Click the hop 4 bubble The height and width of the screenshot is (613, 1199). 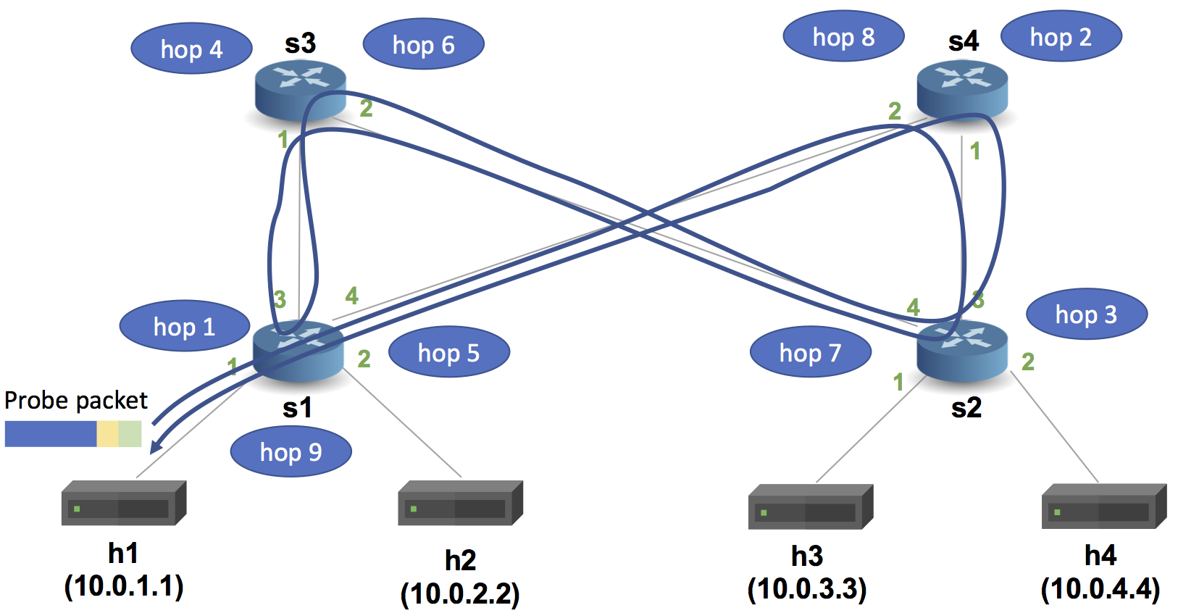(191, 49)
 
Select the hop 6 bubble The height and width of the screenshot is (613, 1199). (423, 45)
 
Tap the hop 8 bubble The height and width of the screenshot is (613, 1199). (843, 36)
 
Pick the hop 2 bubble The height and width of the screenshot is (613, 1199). (1061, 36)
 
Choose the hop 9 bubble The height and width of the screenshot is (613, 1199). (291, 452)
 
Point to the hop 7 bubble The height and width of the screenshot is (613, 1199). (810, 353)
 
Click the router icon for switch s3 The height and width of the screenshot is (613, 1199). (301, 90)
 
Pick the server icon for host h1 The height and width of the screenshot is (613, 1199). (124, 503)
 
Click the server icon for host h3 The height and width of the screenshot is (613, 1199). (810, 506)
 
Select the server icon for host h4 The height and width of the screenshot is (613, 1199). (1103, 506)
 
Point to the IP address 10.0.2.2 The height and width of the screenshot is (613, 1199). (460, 594)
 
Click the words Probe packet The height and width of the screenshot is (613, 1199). (75, 401)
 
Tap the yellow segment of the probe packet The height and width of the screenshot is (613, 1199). (107, 434)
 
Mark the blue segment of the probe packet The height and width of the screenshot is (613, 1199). (50, 434)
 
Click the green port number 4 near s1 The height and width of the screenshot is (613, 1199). (351, 296)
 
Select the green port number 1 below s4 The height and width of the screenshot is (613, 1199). (975, 151)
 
